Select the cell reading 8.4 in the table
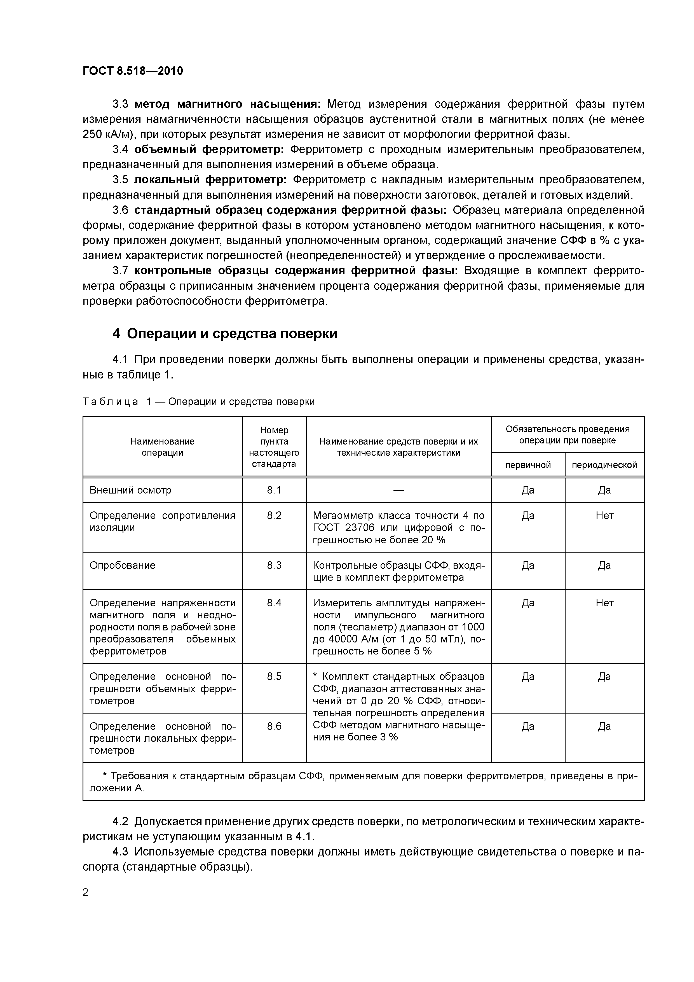(274, 603)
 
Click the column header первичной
(528, 465)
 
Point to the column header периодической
(604, 465)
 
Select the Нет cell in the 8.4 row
(604, 603)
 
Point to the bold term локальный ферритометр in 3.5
(211, 180)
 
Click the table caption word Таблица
(110, 402)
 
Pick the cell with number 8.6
(274, 726)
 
